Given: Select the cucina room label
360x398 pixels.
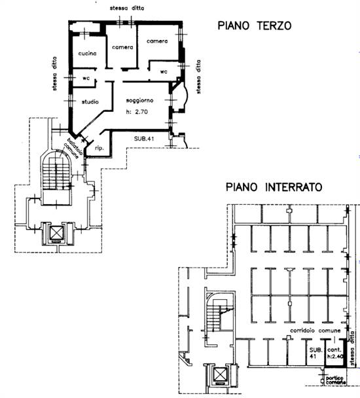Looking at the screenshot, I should [x=88, y=53].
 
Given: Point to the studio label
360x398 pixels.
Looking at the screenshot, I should [x=90, y=101].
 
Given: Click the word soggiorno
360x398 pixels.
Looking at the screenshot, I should [x=139, y=101].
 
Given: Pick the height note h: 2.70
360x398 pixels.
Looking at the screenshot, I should [x=139, y=111].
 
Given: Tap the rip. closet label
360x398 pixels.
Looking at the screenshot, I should [x=99, y=149].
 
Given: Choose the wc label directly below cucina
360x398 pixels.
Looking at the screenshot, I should [x=86, y=78].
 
